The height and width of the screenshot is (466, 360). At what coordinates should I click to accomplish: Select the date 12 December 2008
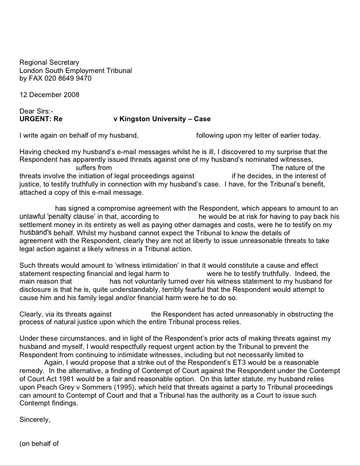pos(49,95)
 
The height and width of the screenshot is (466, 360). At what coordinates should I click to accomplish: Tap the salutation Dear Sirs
pos(36,111)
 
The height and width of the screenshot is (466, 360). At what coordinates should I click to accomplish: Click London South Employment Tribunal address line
pos(76,71)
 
